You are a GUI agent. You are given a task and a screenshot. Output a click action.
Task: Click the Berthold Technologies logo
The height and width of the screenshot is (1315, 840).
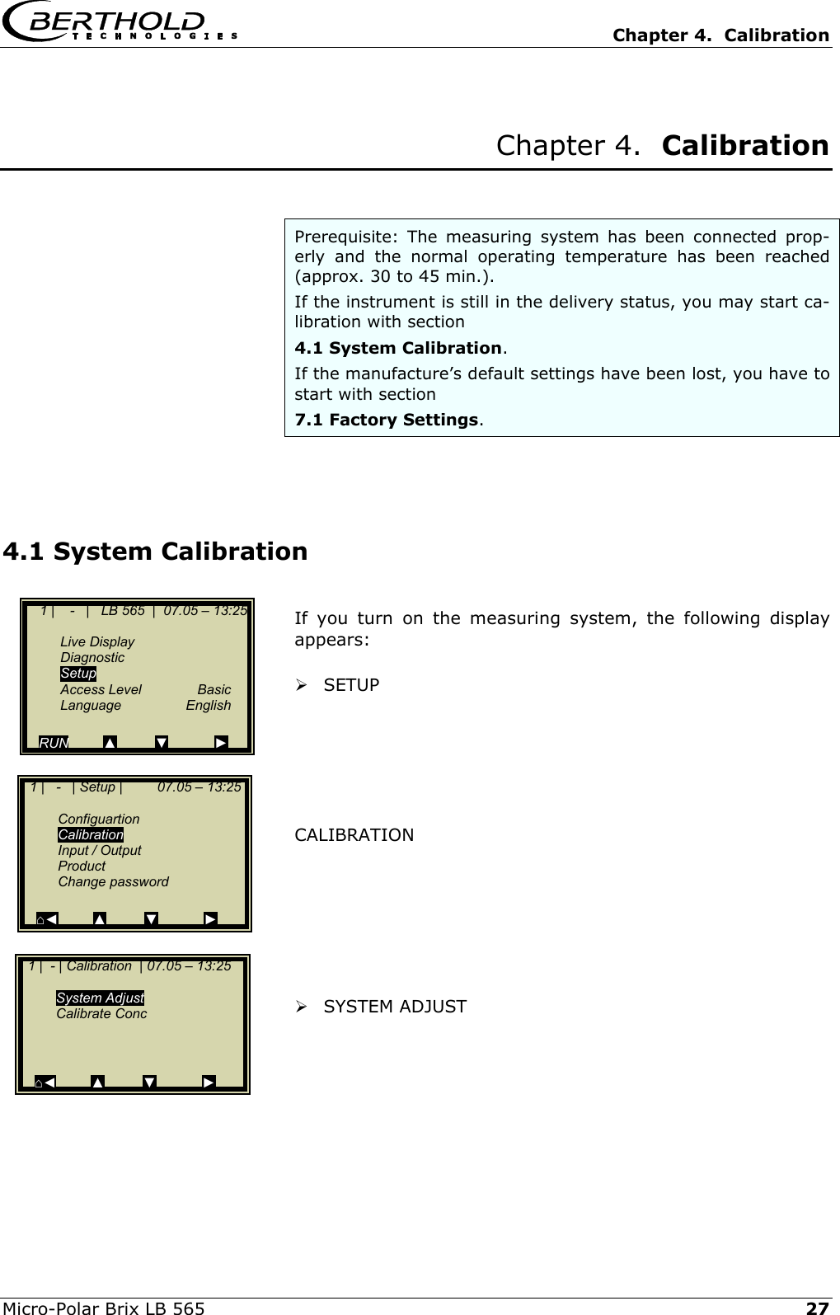tap(120, 24)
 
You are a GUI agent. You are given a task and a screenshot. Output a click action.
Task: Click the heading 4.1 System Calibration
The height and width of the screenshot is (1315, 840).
tap(156, 551)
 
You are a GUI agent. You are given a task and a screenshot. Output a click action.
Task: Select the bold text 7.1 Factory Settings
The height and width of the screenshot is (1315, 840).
tap(387, 420)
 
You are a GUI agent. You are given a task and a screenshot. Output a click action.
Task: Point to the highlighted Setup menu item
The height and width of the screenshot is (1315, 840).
tap(78, 674)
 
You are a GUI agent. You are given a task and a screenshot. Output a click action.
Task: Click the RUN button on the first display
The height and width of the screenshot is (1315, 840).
tap(54, 743)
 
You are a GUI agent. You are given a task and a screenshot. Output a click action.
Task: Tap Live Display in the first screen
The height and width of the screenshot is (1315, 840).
tap(97, 641)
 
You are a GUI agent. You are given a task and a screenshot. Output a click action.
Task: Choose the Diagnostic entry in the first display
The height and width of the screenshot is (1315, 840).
tap(92, 657)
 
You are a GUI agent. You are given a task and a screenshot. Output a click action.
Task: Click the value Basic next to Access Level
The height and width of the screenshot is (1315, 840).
tap(214, 689)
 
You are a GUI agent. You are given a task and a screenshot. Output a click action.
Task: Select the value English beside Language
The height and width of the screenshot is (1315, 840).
tap(208, 705)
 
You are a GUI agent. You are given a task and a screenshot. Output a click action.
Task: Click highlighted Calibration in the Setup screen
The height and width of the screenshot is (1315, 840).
tap(91, 834)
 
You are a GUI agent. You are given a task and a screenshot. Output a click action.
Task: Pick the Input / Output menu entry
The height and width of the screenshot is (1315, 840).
tap(99, 850)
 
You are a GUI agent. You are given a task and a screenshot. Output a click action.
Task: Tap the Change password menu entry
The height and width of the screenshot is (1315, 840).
tap(113, 881)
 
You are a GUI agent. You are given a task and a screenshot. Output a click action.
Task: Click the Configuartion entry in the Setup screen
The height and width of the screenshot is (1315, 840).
tap(99, 819)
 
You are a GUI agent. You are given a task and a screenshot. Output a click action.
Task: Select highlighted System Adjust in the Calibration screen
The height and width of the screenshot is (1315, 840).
tap(100, 998)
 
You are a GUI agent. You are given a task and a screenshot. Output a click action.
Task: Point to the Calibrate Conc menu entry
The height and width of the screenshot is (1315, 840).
tap(101, 1013)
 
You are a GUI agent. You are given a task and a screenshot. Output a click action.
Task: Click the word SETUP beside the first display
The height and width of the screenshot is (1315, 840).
tap(351, 685)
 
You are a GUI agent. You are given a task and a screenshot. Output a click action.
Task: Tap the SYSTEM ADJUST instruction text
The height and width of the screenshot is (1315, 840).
tap(395, 1007)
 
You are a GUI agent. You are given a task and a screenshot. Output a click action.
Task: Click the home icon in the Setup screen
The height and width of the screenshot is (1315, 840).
tap(40, 919)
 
